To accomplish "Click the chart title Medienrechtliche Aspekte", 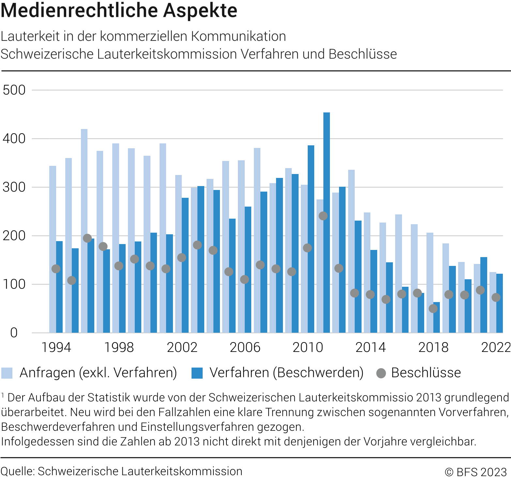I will point(119,10).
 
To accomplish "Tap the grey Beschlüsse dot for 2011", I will point(323,216).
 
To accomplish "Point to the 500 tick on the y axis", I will point(14,90).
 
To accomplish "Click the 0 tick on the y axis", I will point(14,333).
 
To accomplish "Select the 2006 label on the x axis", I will point(245,347).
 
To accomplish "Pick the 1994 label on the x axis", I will point(56,347).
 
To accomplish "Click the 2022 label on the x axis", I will point(496,347).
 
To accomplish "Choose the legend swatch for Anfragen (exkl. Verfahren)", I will point(7,373).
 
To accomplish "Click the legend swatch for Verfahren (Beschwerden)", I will point(197,373).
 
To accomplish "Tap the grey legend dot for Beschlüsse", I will point(381,373).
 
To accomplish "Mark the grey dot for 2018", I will point(433,308).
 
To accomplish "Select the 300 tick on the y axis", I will point(14,187).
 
